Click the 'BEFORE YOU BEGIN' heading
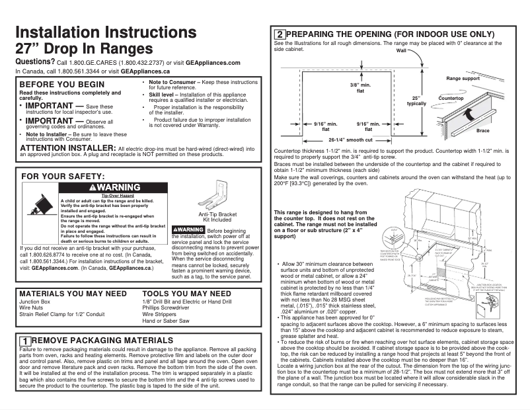[x=61, y=84]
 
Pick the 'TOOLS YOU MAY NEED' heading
[x=187, y=293]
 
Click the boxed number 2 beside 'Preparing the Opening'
[x=280, y=34]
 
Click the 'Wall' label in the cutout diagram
[x=401, y=50]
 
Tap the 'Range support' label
[x=463, y=79]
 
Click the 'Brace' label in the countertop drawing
[x=483, y=131]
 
